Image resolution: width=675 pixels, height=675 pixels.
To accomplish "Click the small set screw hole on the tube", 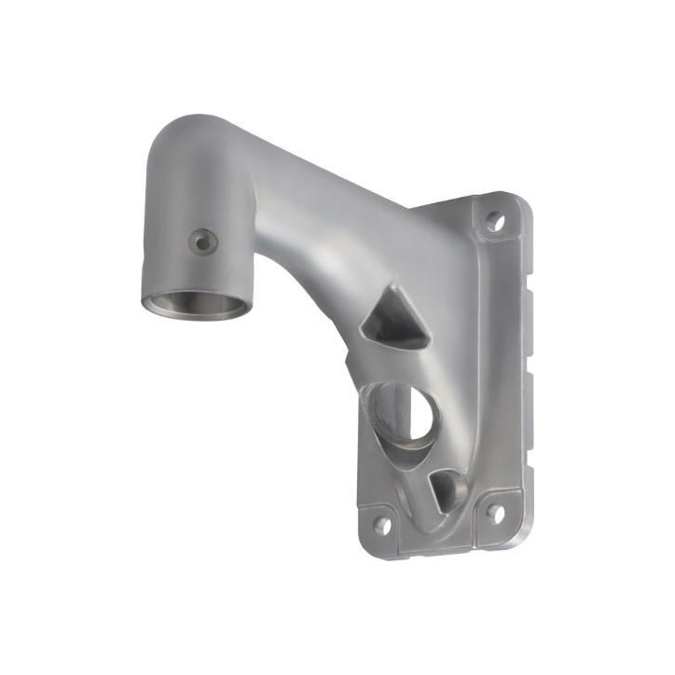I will (x=200, y=242).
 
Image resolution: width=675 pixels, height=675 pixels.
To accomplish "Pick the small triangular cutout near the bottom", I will (x=447, y=489).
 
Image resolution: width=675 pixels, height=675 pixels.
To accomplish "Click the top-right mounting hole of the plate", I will (x=495, y=222).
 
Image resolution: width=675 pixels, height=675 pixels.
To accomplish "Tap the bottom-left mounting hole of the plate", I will (x=382, y=524).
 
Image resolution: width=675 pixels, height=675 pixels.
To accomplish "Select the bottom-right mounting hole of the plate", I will (x=495, y=513).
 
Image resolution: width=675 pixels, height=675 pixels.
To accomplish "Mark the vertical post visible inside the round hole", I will (x=390, y=410).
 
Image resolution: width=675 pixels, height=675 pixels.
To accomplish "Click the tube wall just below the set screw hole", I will (x=200, y=270).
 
